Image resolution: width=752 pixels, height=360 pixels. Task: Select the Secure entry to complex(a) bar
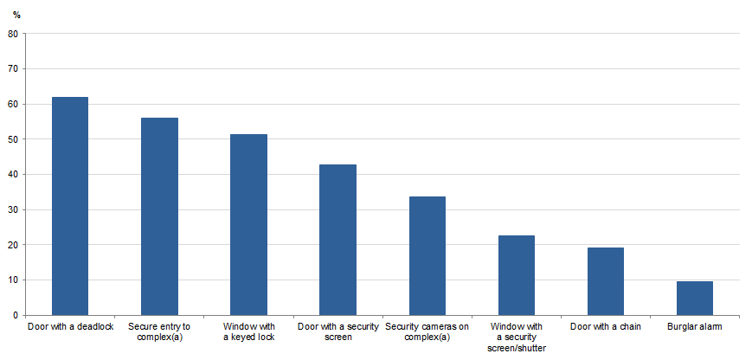pos(159,216)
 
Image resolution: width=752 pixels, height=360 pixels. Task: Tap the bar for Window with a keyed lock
pos(249,224)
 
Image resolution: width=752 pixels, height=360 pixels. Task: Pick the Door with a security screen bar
pos(338,240)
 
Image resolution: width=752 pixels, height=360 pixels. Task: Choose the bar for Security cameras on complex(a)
pos(427,255)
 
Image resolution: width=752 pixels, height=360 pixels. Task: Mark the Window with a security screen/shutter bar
pos(517,275)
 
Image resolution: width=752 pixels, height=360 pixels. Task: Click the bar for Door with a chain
pos(606,281)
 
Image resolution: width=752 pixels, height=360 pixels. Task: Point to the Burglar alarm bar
pos(695,298)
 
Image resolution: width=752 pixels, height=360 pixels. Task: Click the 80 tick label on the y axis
pos(13,34)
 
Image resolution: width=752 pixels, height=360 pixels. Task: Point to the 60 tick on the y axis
pos(13,104)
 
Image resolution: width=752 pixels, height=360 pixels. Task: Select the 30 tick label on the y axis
pos(13,209)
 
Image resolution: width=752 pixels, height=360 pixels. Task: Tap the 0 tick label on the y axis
pos(16,315)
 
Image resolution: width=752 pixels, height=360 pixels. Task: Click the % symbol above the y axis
pos(16,15)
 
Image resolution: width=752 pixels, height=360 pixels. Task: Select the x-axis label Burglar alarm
pos(695,327)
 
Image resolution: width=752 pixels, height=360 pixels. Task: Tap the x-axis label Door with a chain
pos(606,327)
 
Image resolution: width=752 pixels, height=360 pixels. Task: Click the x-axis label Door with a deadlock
pos(70,327)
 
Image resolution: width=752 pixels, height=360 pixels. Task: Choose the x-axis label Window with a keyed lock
pos(249,331)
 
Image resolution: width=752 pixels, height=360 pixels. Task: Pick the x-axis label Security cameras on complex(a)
pos(427,331)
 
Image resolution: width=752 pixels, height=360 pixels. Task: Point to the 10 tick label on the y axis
pos(13,280)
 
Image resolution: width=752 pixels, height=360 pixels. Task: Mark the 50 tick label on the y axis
pos(13,139)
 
